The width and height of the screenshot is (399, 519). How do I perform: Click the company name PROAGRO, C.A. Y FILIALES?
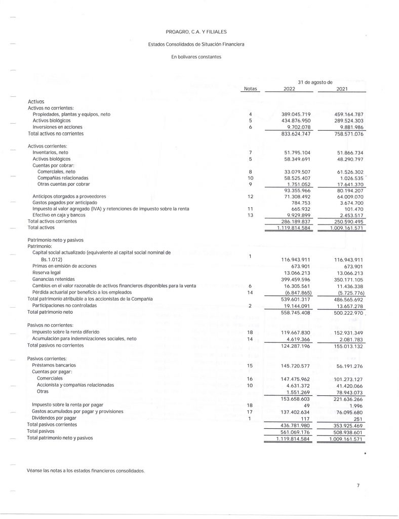pos(197,32)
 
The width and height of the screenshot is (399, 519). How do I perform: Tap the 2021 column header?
pos(342,89)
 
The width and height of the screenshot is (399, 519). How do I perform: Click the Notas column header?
pos(250,89)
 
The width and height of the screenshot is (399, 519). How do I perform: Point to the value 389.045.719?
pos(294,115)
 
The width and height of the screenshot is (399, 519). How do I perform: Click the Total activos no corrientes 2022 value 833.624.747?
pos(294,134)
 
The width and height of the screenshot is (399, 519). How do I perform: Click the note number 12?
pos(250,196)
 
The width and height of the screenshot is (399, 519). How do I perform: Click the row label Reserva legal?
pos(47,272)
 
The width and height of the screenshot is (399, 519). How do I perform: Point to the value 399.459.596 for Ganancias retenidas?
pos(294,279)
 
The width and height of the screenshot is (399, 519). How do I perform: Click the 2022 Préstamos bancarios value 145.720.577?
pos(294,365)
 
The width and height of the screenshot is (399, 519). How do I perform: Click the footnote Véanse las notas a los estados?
pos(86,471)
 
